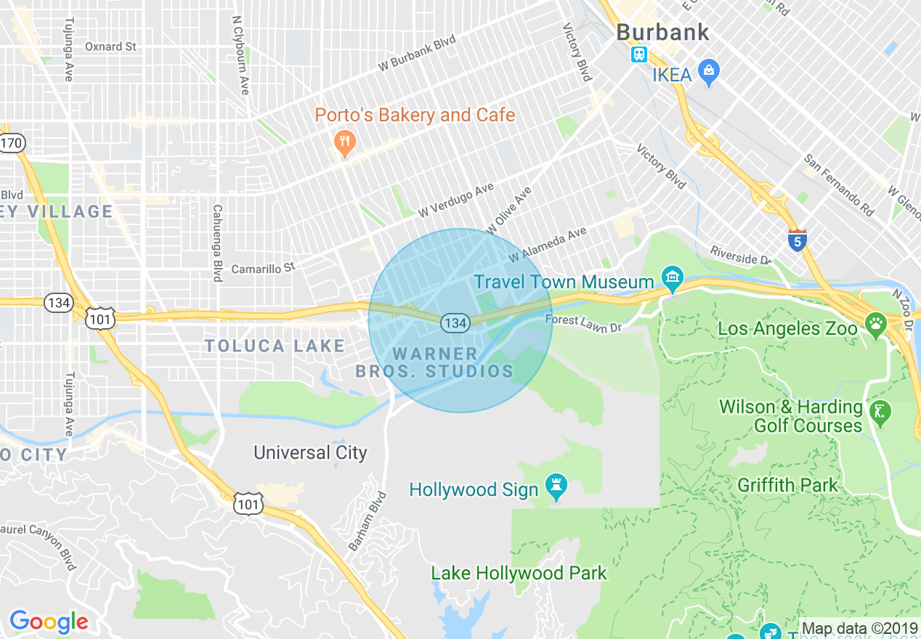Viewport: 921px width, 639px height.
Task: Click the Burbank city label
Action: pyautogui.click(x=662, y=32)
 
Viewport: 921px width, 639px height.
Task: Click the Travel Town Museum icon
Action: pyautogui.click(x=673, y=279)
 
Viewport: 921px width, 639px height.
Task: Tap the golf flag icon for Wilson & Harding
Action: pyautogui.click(x=882, y=414)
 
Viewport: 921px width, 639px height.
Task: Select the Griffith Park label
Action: pyautogui.click(x=787, y=485)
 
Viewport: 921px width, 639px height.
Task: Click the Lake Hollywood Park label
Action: pyautogui.click(x=519, y=573)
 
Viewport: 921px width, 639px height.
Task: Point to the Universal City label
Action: pyautogui.click(x=310, y=453)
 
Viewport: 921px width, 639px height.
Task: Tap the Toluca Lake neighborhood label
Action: pyautogui.click(x=274, y=346)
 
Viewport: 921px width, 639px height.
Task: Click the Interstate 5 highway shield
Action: pyautogui.click(x=797, y=241)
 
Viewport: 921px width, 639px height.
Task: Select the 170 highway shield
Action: pyautogui.click(x=12, y=143)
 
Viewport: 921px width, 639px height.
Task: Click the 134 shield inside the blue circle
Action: pyautogui.click(x=455, y=323)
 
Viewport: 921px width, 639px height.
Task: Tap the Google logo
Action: pyautogui.click(x=49, y=622)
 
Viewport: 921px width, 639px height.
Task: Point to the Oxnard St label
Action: pyautogui.click(x=110, y=46)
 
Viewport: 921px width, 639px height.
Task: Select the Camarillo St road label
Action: pyautogui.click(x=263, y=269)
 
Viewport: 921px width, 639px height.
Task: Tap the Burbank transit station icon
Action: pyautogui.click(x=639, y=54)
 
